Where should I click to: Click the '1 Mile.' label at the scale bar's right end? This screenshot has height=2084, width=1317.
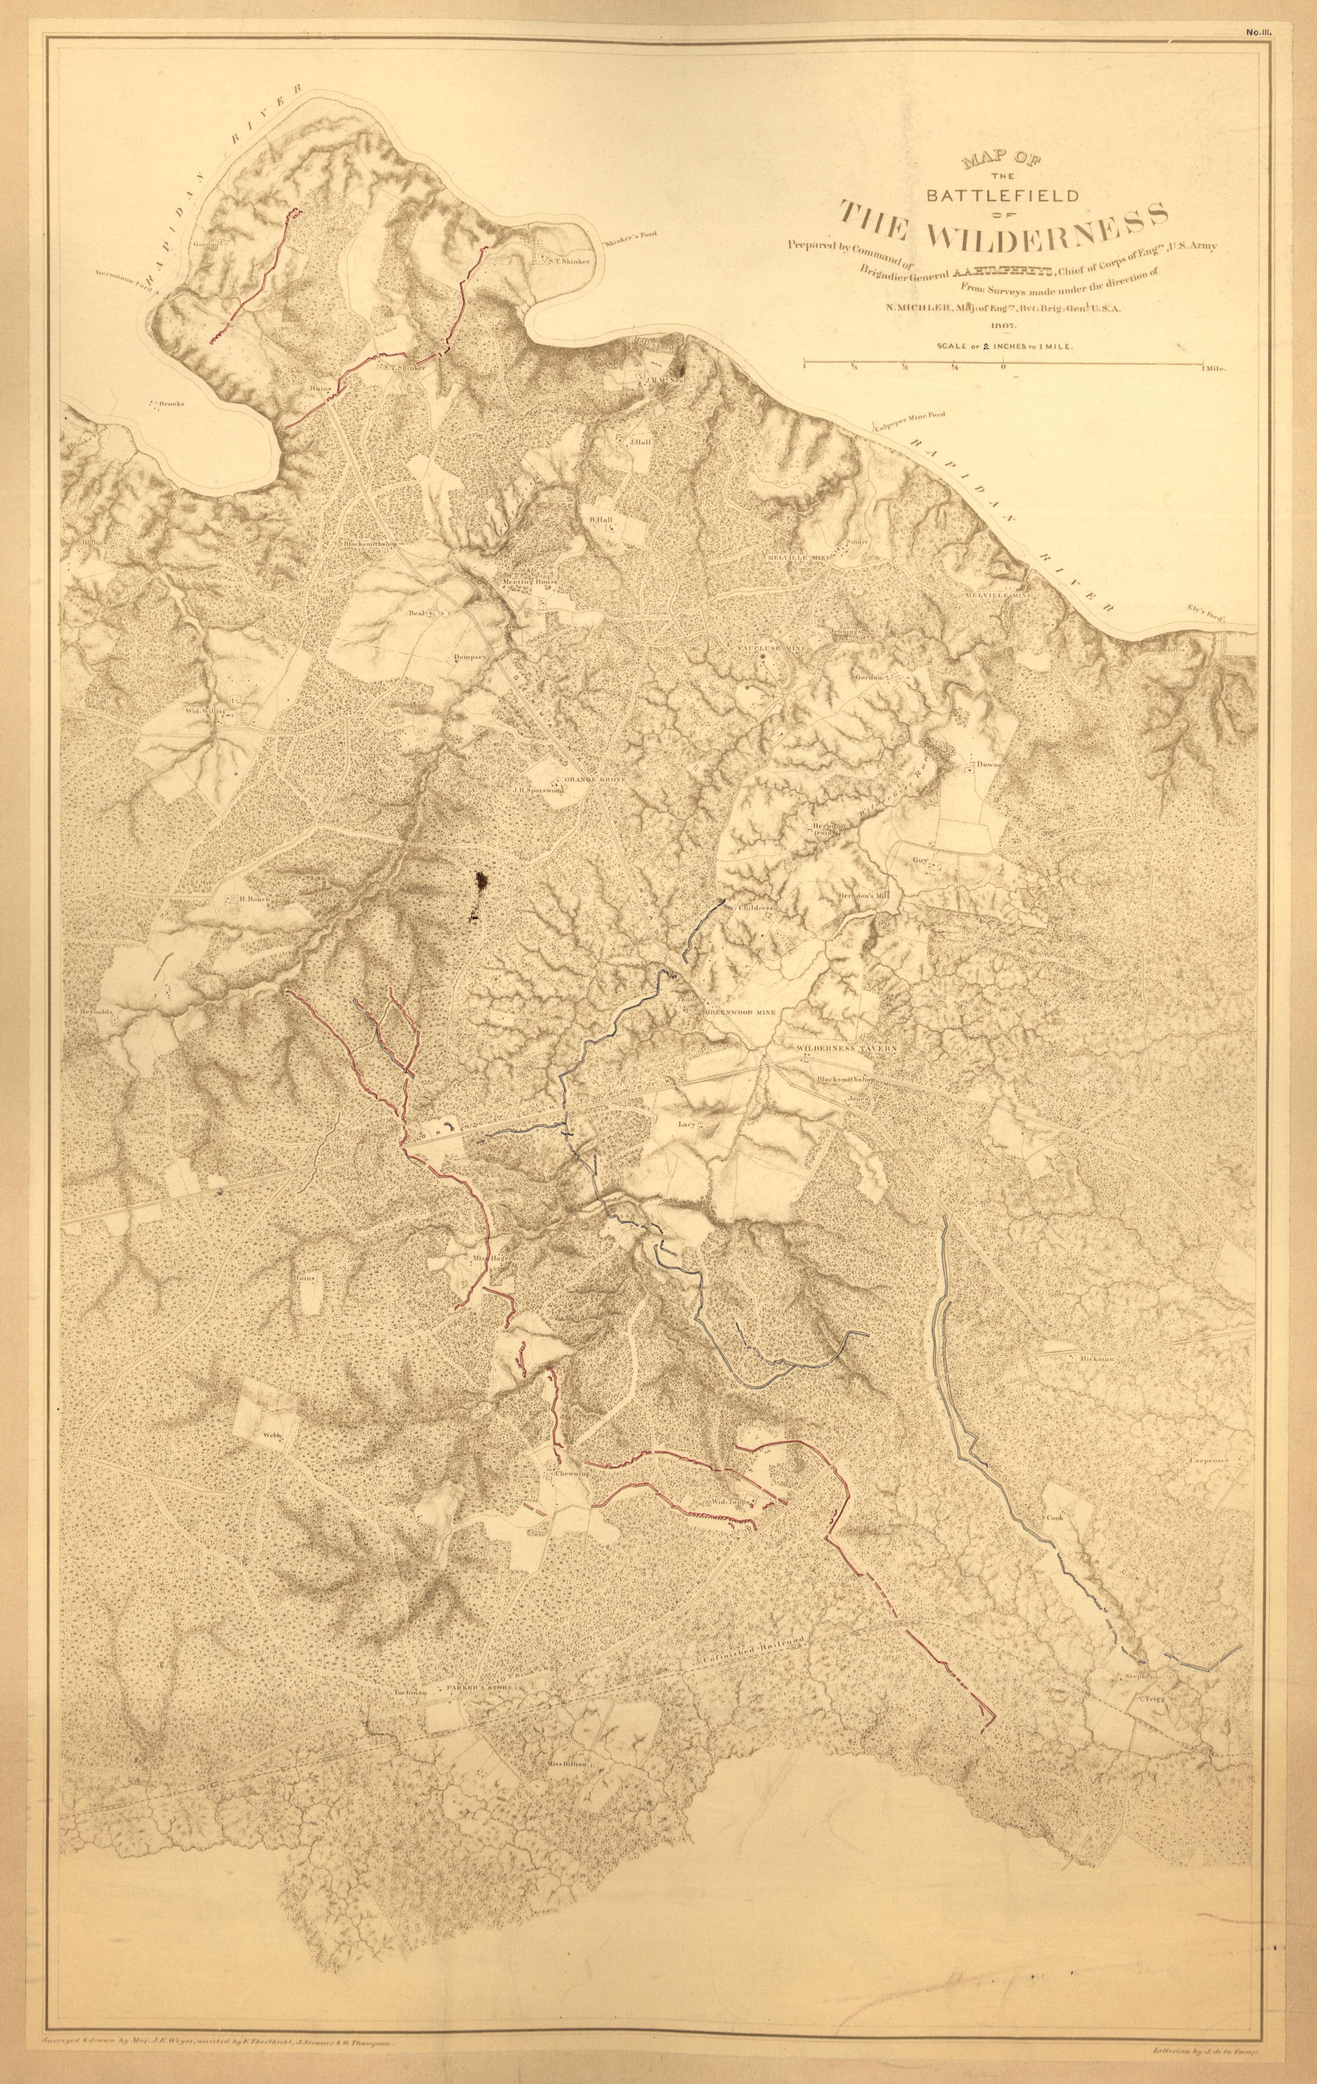coord(1214,368)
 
